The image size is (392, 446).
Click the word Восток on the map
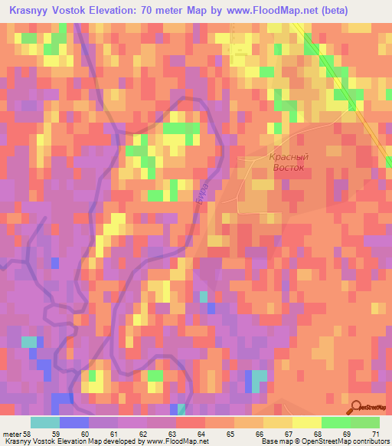[x=288, y=167]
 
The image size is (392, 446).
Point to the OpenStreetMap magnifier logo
[x=357, y=407]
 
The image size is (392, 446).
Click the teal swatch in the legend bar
[x=45, y=422]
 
